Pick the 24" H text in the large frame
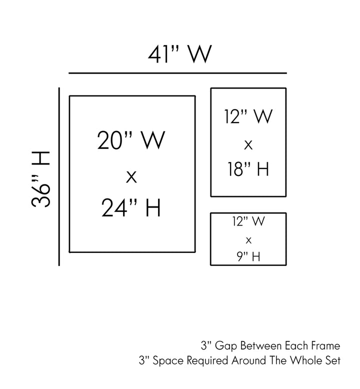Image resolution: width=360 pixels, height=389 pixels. click(131, 208)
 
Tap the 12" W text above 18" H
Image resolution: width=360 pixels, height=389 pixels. click(248, 117)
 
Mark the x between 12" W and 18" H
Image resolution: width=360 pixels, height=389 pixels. click(248, 144)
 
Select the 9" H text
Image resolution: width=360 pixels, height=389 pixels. click(248, 257)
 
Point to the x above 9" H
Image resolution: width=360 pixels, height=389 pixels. click(248, 240)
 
